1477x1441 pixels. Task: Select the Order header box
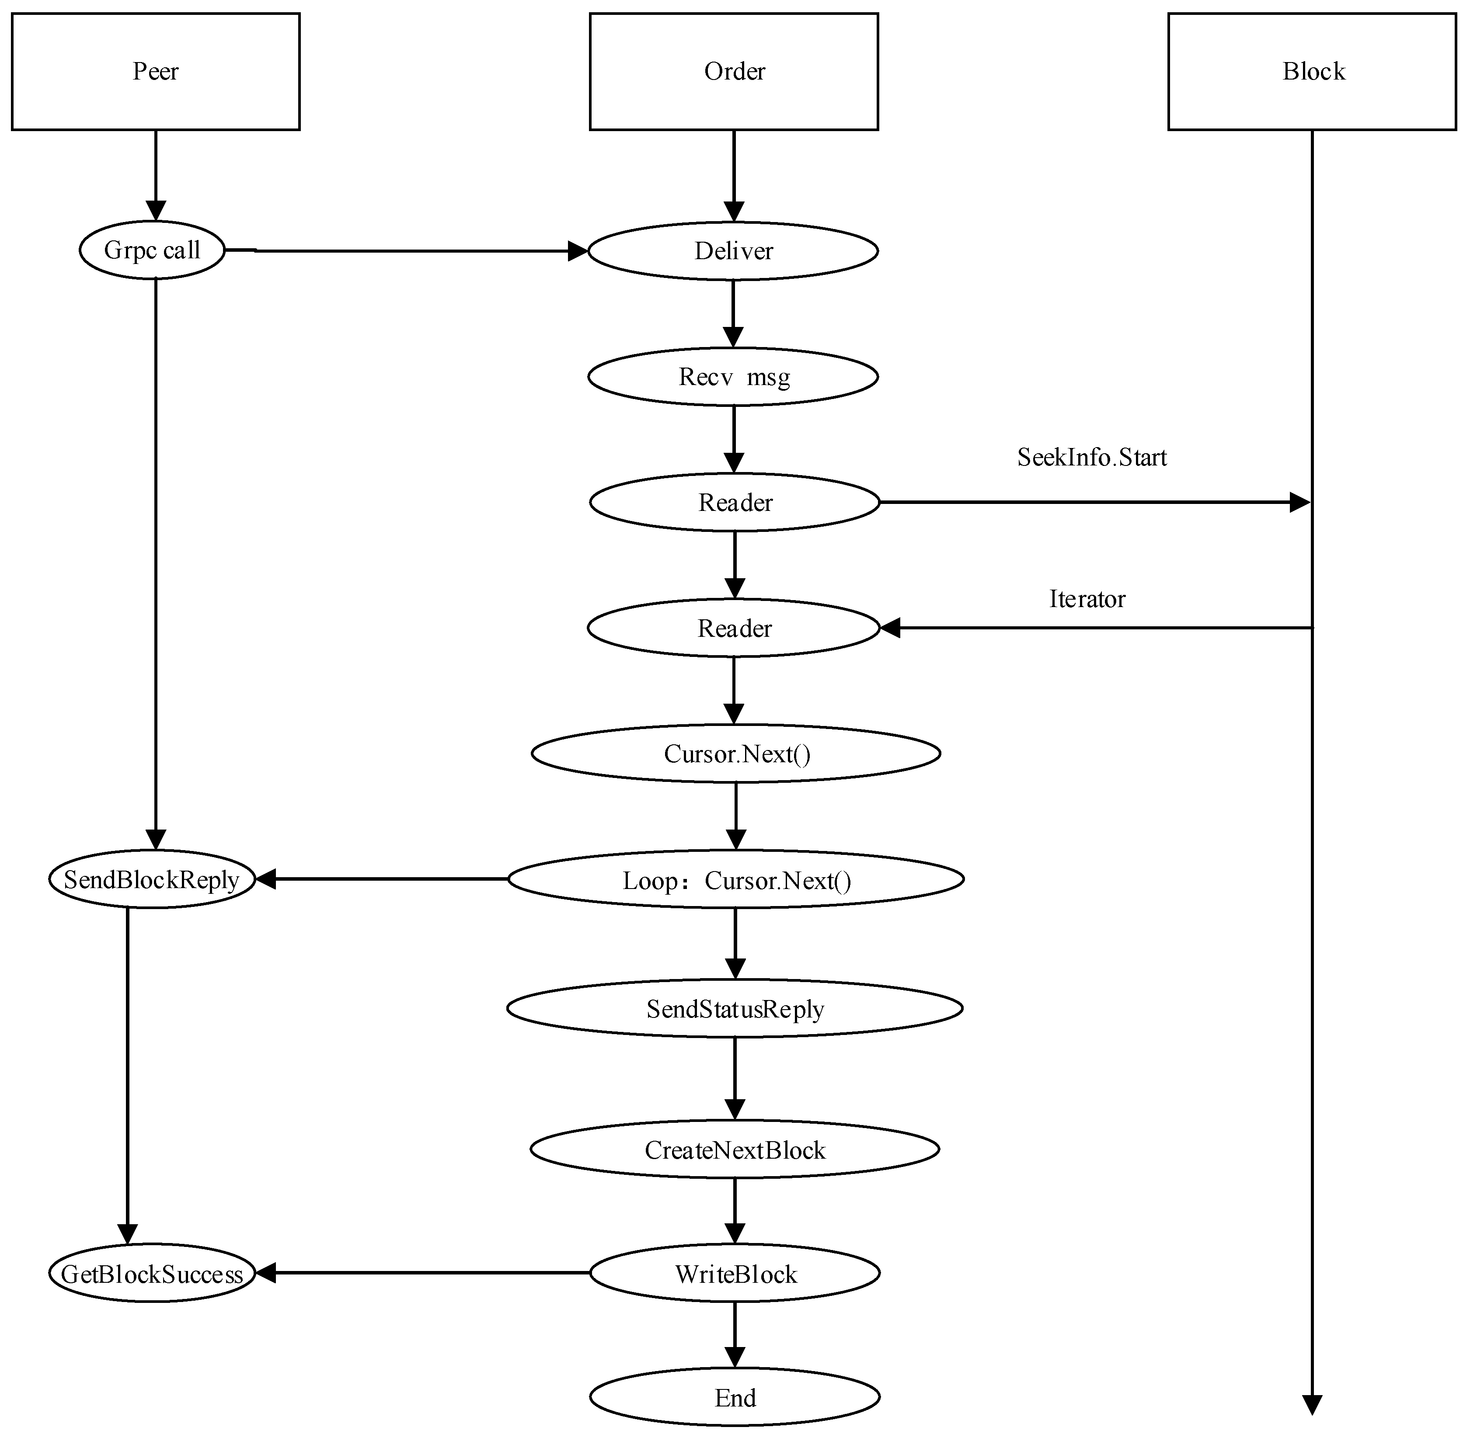coord(734,71)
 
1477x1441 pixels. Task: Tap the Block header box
coord(1312,71)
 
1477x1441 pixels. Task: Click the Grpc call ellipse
coord(152,250)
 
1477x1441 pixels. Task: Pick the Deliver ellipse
coord(733,250)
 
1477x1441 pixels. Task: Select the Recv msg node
coord(733,376)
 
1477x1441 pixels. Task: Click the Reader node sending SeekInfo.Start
coord(734,502)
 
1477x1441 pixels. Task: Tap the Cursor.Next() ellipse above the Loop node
coord(736,753)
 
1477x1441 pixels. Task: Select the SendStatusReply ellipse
coord(734,1008)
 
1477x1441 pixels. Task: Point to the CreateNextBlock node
coord(734,1149)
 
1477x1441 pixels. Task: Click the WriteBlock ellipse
coord(734,1273)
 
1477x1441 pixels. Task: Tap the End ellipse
coord(734,1397)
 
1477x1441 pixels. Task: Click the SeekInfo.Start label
coord(1092,457)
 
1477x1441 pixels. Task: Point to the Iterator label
coord(1087,599)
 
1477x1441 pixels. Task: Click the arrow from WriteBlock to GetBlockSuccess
coord(424,1273)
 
